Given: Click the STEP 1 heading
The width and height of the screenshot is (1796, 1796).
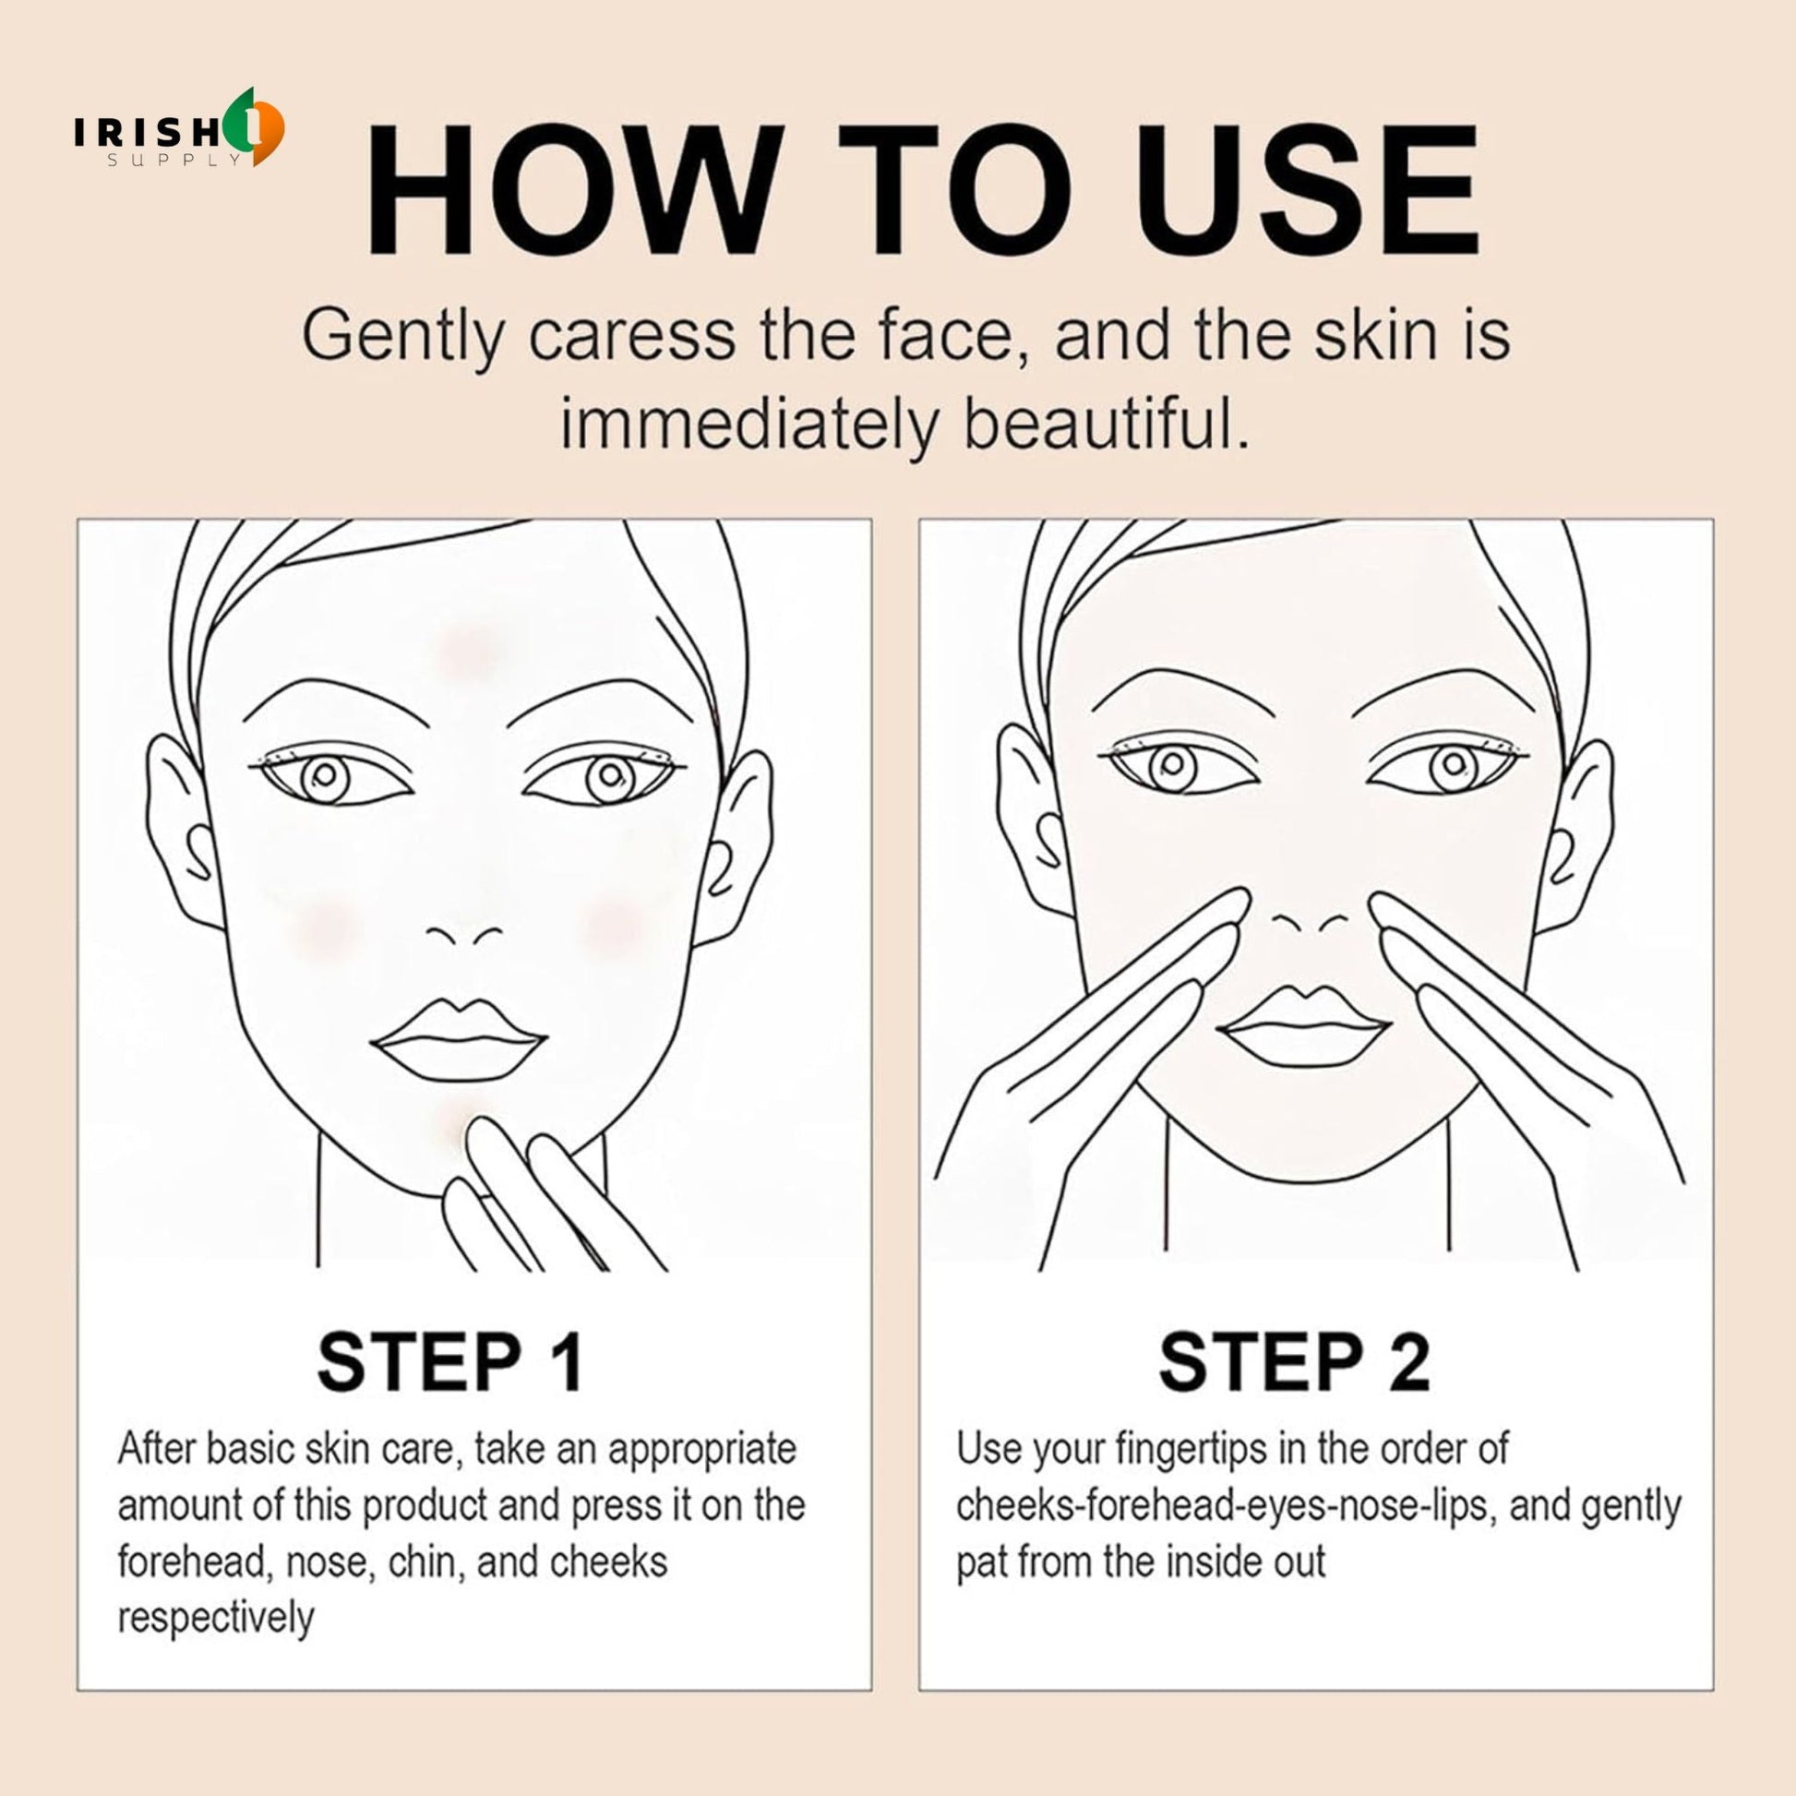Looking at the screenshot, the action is tap(451, 1363).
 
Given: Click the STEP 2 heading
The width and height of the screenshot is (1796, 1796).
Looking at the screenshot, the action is tap(1294, 1363).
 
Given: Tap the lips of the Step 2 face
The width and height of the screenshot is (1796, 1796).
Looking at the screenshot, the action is tap(1304, 1026).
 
